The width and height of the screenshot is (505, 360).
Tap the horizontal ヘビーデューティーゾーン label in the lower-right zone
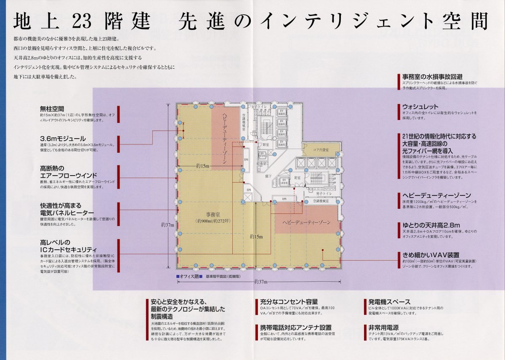point(306,222)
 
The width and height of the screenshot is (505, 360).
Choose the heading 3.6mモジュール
point(63,139)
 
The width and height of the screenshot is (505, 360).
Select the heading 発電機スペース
point(389,302)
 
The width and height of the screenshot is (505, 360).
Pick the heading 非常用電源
point(383,328)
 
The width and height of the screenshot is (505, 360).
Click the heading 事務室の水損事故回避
point(432,77)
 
